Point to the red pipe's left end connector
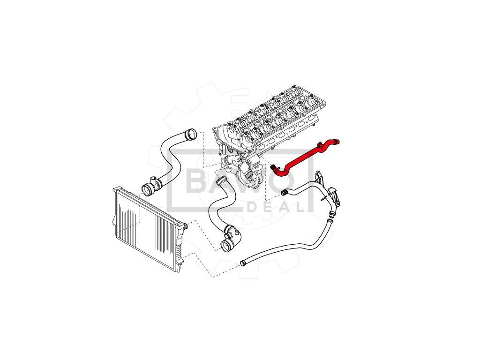(x=274, y=167)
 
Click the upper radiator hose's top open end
(x=189, y=135)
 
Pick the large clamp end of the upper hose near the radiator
(x=147, y=189)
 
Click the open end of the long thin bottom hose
(x=243, y=263)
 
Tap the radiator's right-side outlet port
(x=185, y=227)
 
